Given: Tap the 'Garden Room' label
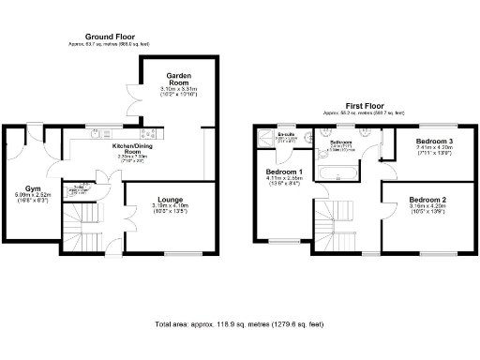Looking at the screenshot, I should pos(179,75).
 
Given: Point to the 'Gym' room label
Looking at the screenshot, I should pos(32,187).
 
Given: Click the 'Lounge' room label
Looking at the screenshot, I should pos(170,199).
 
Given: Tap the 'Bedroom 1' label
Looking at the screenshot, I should pos(283,172).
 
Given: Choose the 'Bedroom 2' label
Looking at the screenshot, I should pos(427,200).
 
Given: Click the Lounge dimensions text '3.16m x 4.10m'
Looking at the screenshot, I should pos(170,205).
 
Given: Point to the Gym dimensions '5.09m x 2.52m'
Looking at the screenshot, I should pos(32,194).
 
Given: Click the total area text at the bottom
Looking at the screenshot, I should pos(239,323).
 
